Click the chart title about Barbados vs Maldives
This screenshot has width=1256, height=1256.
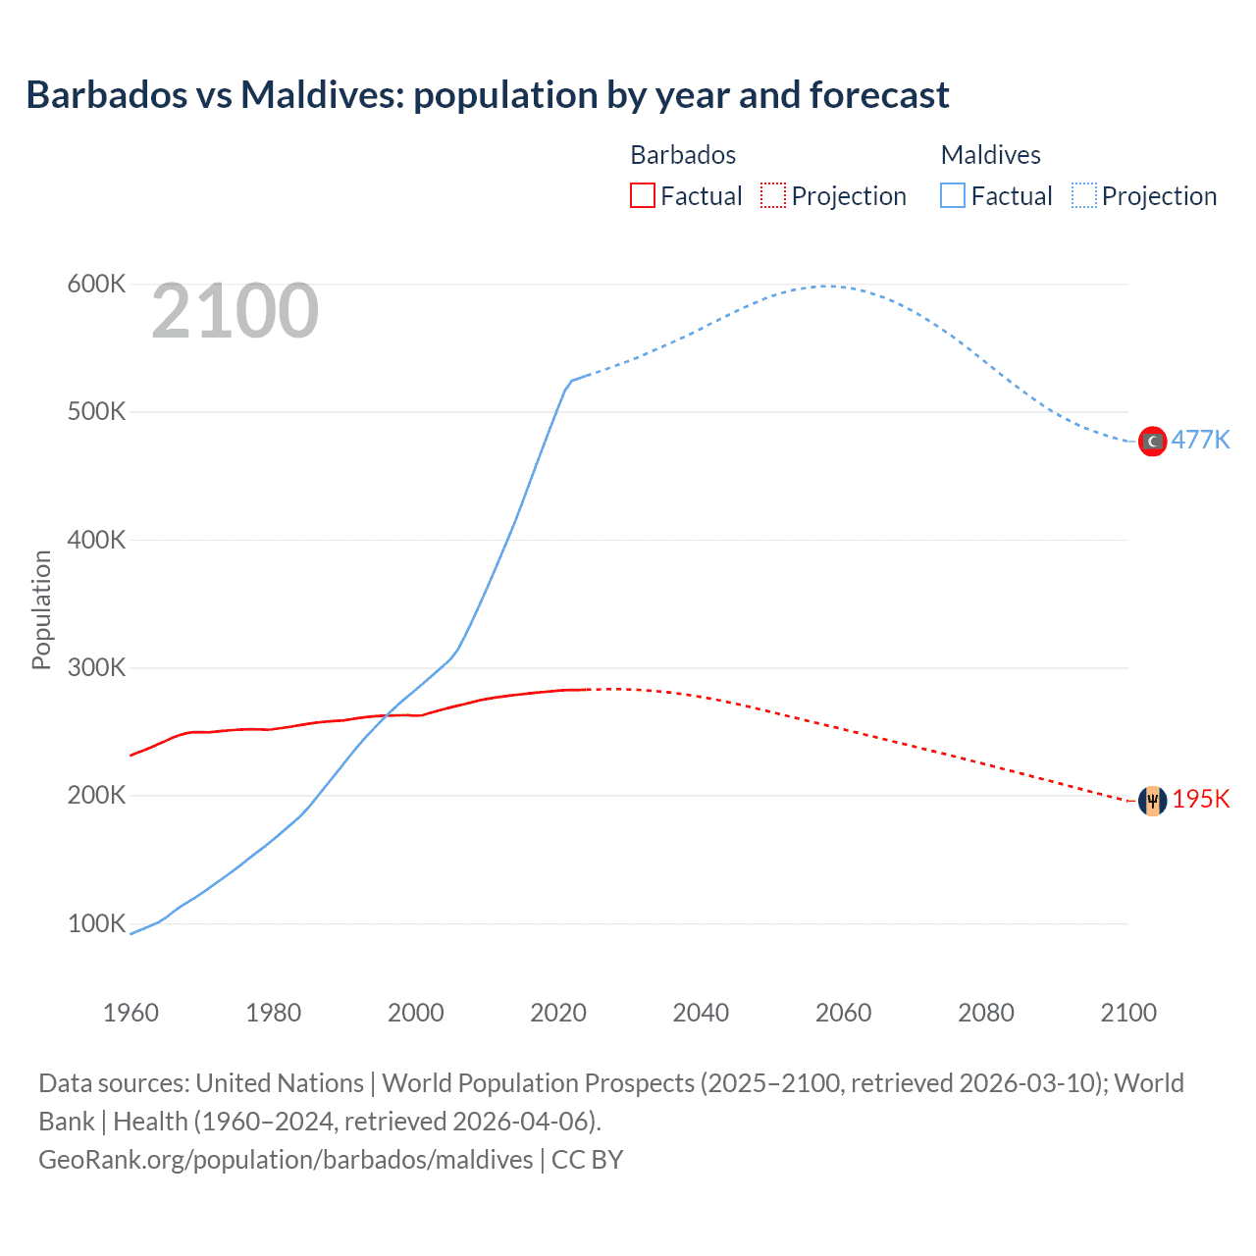(487, 95)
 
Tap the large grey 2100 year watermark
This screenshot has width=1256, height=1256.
(235, 311)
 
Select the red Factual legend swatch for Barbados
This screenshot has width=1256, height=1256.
(642, 195)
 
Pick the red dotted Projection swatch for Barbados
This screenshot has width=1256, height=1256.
(773, 195)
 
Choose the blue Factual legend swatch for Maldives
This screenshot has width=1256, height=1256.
(952, 195)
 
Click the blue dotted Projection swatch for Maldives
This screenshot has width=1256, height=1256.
(1083, 195)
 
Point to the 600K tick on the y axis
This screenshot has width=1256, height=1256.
(96, 285)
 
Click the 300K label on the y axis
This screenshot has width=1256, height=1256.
(96, 668)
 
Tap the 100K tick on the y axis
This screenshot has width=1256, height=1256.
(96, 924)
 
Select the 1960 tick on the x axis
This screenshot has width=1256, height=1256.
(131, 1013)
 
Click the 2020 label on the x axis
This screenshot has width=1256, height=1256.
(558, 1013)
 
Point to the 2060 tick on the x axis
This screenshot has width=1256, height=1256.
(843, 1013)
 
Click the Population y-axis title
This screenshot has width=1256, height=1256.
(41, 609)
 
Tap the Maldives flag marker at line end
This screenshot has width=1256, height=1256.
(1152, 442)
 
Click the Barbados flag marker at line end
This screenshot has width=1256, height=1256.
(1152, 801)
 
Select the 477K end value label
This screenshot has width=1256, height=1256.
(1200, 440)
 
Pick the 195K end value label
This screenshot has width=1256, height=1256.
(1200, 799)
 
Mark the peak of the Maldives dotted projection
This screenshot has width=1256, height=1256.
(827, 287)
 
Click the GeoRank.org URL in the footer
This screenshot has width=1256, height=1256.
(286, 1160)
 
